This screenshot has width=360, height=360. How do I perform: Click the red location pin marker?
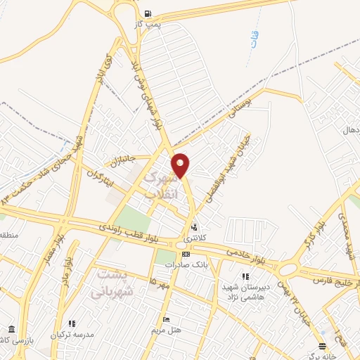(181, 165)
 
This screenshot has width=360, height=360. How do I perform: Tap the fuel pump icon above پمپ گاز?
(148, 14)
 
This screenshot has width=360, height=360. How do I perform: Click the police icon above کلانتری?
(193, 227)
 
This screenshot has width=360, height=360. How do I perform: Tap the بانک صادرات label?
(184, 265)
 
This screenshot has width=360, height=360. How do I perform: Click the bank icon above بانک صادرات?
(186, 254)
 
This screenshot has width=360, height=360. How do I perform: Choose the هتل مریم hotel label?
(167, 329)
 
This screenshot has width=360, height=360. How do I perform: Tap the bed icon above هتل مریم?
(166, 319)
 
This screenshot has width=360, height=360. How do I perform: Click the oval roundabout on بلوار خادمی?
(288, 270)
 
